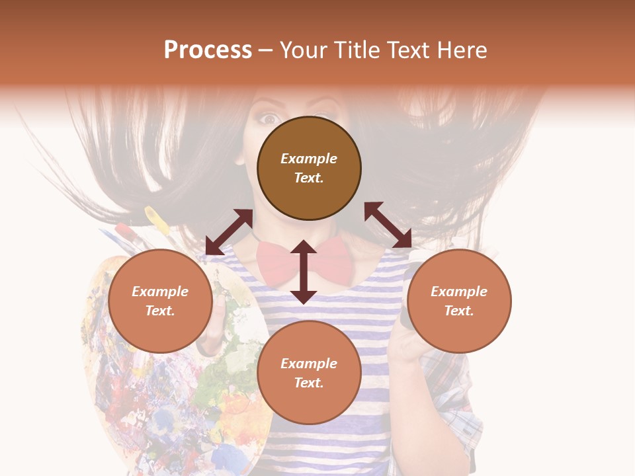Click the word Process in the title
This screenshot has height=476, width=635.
208,50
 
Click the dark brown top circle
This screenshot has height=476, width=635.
309,169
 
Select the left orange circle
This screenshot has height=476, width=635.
160,301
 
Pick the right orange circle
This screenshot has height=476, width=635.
459,301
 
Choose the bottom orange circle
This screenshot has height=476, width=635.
309,373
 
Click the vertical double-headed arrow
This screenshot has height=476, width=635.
304,272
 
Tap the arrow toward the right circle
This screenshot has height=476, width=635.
388,225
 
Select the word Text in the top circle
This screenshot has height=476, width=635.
309,178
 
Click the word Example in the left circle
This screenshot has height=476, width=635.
160,292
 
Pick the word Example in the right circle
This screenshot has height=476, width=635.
459,292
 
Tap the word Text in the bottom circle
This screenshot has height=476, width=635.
309,383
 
